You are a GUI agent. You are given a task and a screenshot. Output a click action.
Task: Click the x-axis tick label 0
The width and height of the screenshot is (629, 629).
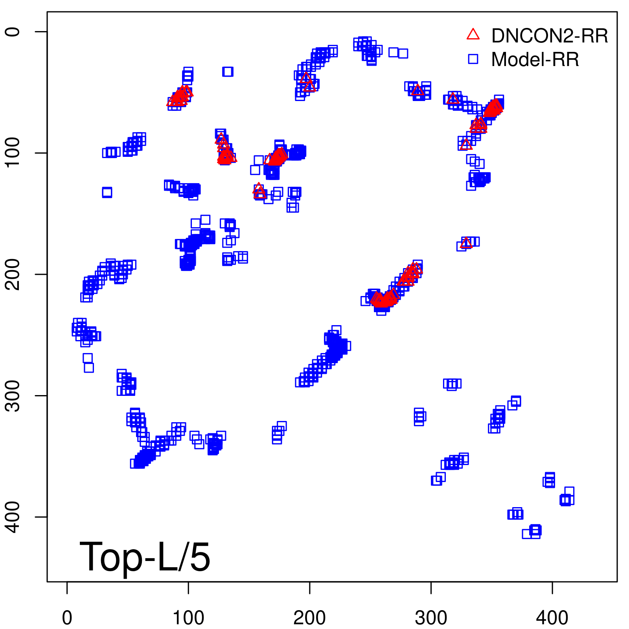point(67,618)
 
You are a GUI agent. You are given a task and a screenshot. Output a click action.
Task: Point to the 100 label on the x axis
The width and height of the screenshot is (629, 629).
point(188,618)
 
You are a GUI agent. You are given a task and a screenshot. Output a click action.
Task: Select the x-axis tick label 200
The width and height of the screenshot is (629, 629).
point(310,618)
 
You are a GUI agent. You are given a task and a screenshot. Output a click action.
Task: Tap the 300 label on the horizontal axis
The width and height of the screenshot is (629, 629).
point(431,618)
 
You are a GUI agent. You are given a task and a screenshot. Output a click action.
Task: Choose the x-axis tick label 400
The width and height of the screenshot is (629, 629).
point(552,618)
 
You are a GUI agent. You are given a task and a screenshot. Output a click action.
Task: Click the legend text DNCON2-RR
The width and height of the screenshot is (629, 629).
point(549,36)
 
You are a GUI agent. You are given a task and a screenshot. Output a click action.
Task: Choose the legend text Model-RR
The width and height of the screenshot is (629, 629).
point(535,59)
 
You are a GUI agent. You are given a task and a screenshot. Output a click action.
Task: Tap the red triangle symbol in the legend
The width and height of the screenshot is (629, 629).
point(473,35)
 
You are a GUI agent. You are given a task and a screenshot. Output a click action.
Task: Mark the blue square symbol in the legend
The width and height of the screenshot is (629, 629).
point(473,59)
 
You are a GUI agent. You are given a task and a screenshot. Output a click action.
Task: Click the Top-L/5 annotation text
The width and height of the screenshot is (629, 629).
point(145,557)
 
